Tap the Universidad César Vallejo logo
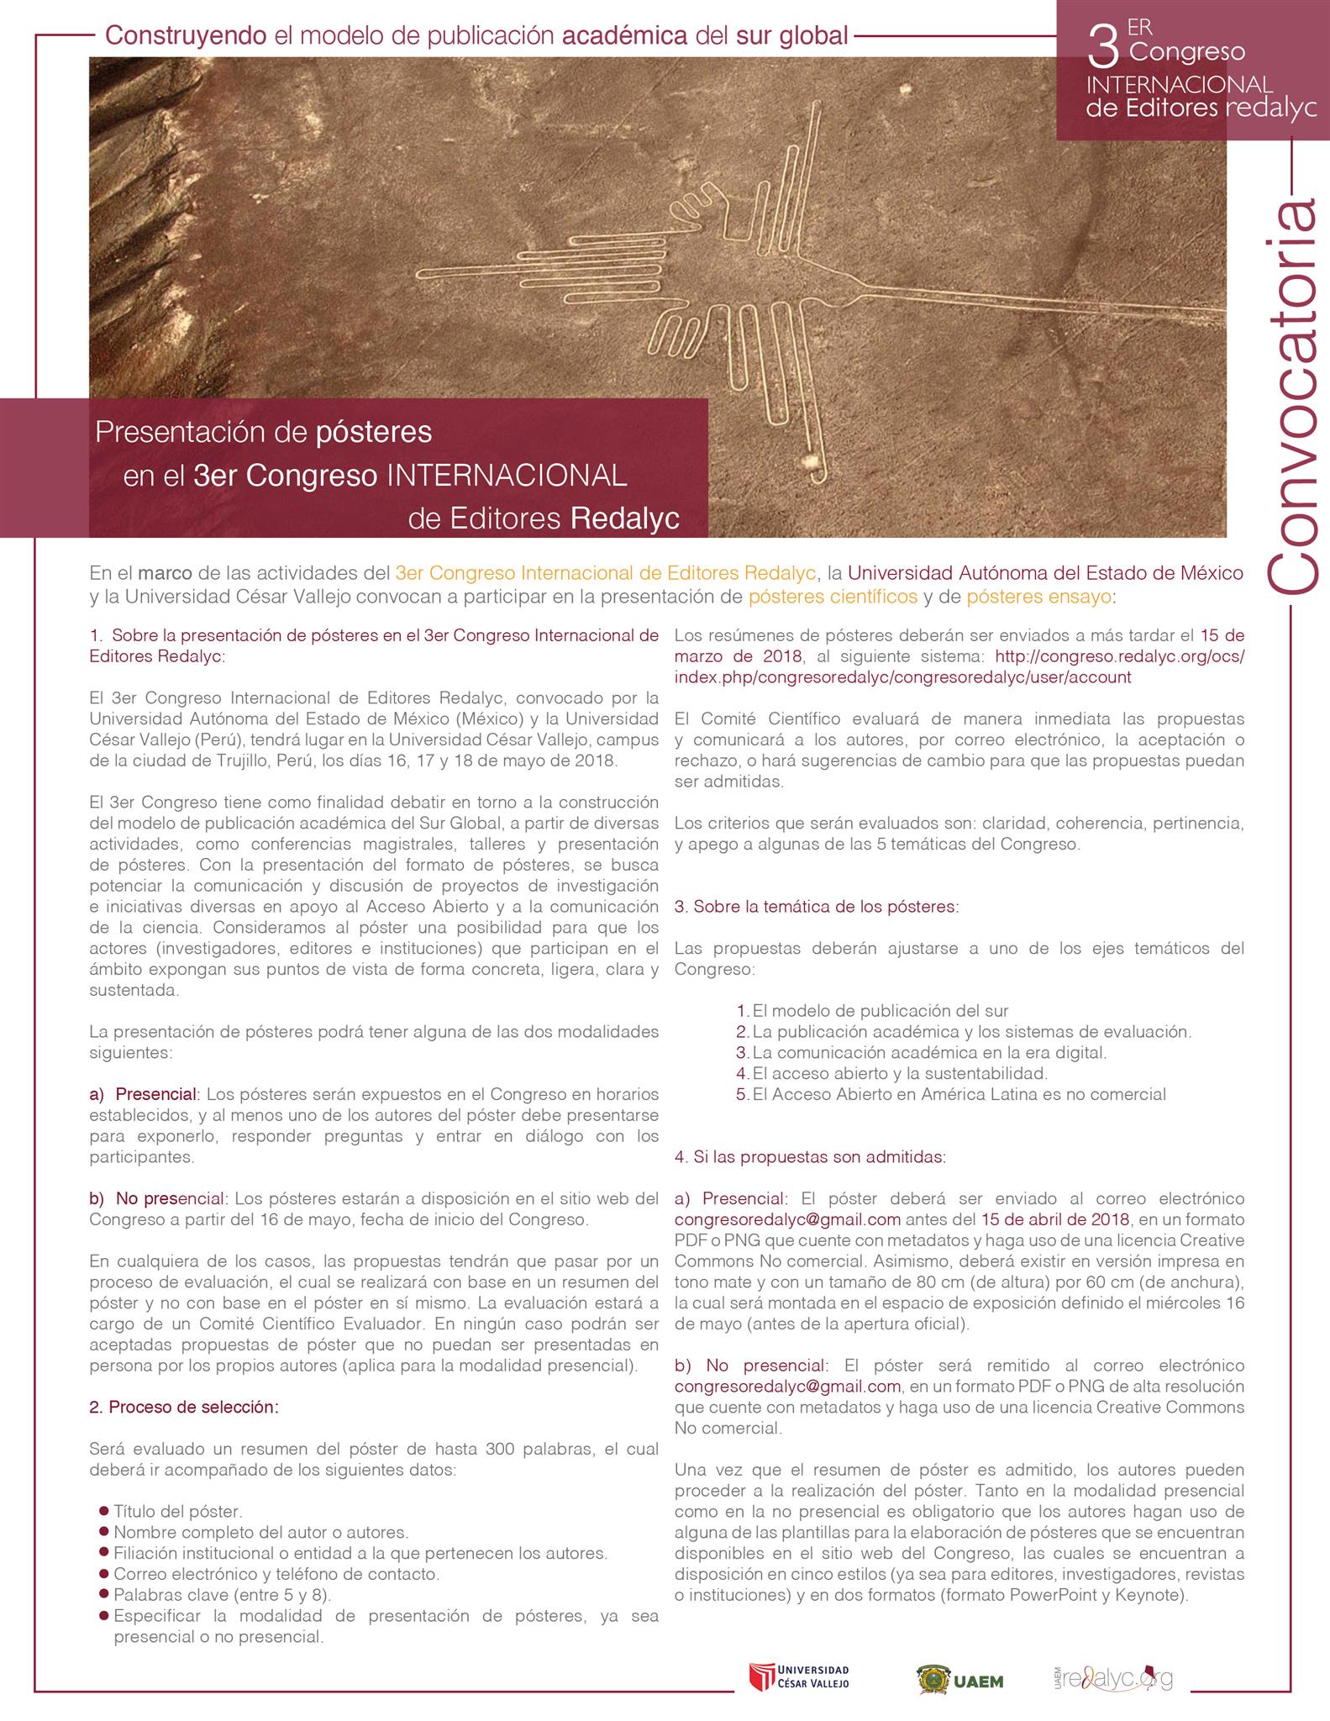[x=799, y=1676]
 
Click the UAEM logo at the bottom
[x=959, y=1678]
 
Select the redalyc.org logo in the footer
[x=1113, y=1676]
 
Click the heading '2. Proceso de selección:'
[x=184, y=1407]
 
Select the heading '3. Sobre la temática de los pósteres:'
[x=816, y=907]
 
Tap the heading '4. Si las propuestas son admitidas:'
[x=810, y=1156]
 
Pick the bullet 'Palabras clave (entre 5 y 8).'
[x=222, y=1594]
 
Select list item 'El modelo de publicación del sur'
[x=880, y=1011]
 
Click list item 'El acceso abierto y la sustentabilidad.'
[x=900, y=1073]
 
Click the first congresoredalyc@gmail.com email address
[x=787, y=1219]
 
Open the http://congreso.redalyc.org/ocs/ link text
[x=1119, y=656]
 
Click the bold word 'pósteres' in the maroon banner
[x=373, y=432]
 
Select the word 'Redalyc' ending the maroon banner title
[x=625, y=518]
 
